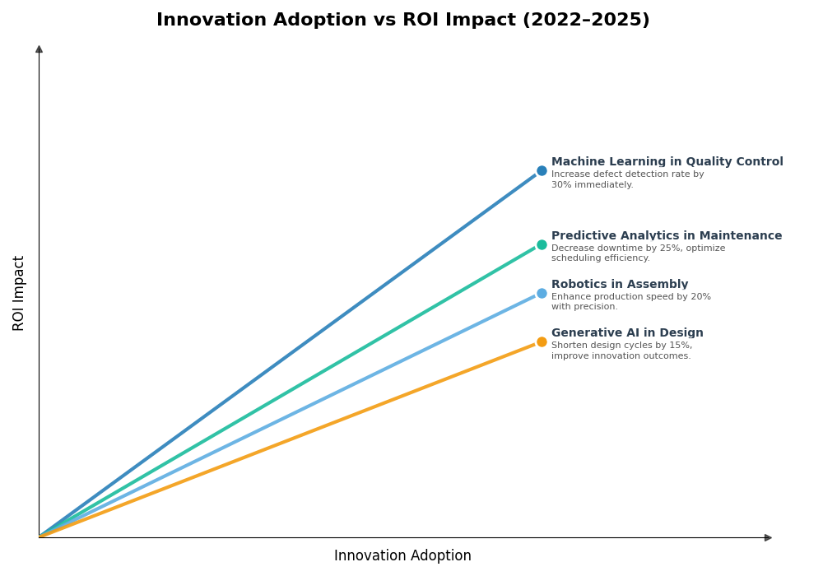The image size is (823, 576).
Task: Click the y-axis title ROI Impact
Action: [19, 293]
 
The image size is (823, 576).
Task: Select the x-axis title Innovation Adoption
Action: [402, 556]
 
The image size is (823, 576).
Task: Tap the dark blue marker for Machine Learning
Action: [542, 171]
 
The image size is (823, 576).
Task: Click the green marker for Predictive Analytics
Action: [542, 244]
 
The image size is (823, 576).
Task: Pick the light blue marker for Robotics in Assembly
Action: [542, 294]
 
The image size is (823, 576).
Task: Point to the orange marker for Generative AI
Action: [542, 342]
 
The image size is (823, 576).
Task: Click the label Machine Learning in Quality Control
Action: [667, 162]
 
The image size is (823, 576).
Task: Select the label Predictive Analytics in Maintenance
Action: [667, 236]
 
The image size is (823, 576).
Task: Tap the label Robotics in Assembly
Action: [620, 285]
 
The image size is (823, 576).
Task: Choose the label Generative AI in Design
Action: [627, 333]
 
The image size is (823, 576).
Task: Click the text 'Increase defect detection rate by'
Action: [627, 174]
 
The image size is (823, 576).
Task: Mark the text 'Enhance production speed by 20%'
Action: [630, 297]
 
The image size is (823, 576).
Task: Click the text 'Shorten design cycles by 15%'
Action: [621, 346]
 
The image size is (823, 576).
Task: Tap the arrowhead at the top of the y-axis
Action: [39, 49]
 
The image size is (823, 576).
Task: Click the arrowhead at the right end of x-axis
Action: [768, 538]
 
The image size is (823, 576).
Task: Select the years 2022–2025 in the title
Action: [586, 21]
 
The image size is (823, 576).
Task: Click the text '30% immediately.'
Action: [592, 185]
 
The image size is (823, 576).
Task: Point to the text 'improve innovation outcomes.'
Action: [621, 356]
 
